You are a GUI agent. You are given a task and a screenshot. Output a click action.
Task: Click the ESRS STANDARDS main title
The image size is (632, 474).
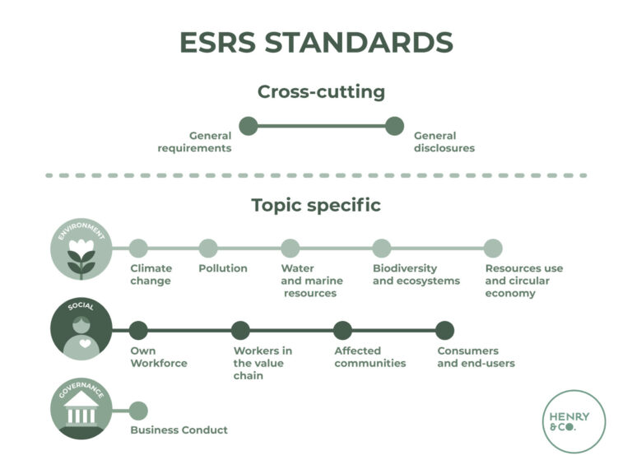(x=316, y=42)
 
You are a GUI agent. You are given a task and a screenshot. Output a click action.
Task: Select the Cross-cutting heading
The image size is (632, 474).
(x=321, y=91)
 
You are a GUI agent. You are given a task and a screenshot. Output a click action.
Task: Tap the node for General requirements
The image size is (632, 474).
(x=249, y=126)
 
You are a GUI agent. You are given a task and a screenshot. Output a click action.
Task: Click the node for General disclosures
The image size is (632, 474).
(x=394, y=126)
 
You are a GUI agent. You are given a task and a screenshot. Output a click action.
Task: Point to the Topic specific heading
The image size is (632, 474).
(x=316, y=205)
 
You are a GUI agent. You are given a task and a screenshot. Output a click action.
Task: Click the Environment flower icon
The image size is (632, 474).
(x=81, y=249)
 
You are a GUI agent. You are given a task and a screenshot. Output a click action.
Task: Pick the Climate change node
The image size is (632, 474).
(x=138, y=249)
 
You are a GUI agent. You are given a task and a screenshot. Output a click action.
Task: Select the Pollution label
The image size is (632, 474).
(x=223, y=268)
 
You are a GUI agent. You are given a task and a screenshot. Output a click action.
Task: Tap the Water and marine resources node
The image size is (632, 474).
(x=290, y=249)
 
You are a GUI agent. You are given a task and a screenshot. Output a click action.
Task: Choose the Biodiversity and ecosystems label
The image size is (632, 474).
(x=405, y=274)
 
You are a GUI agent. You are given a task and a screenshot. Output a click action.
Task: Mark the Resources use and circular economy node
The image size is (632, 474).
(x=493, y=249)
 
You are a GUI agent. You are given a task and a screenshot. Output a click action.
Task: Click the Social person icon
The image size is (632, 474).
(x=81, y=331)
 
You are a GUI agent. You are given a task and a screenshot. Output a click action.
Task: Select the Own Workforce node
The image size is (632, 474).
(x=138, y=331)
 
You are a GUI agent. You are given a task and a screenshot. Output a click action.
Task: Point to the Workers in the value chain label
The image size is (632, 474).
(x=263, y=363)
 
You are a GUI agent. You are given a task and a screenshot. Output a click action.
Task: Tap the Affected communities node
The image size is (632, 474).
(x=342, y=331)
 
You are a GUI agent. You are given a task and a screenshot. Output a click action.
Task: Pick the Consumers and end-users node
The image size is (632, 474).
(x=444, y=331)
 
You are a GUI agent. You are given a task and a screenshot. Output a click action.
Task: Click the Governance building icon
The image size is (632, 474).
(x=81, y=409)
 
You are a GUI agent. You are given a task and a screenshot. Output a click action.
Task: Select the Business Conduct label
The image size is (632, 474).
(x=179, y=430)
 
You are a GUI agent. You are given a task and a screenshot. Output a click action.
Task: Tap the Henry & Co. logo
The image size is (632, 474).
(x=574, y=421)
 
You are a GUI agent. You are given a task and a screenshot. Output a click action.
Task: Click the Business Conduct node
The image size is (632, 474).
(x=138, y=411)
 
